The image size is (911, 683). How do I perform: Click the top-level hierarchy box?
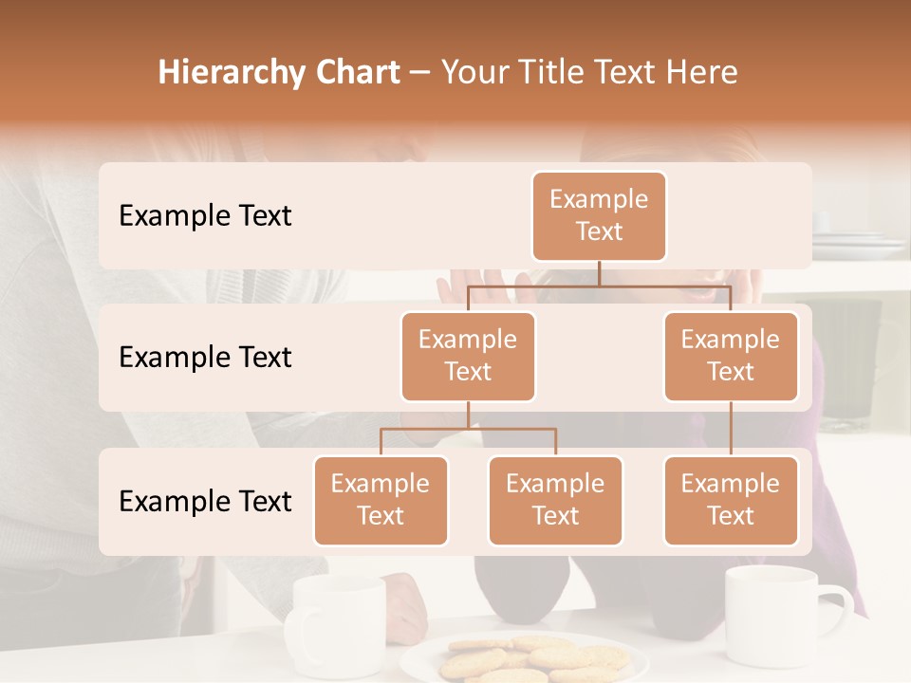599,215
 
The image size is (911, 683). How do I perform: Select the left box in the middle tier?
468,356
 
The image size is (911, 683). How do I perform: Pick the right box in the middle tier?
731,356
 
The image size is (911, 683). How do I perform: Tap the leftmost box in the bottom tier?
381,500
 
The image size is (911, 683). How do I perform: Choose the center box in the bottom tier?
555,500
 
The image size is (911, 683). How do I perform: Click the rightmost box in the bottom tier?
731,500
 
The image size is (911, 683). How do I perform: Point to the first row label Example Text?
205,215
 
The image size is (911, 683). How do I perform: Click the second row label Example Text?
205,357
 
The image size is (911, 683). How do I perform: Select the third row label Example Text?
205,501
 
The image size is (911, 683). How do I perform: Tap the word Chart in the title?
358,72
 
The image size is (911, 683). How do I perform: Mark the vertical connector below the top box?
599,273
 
